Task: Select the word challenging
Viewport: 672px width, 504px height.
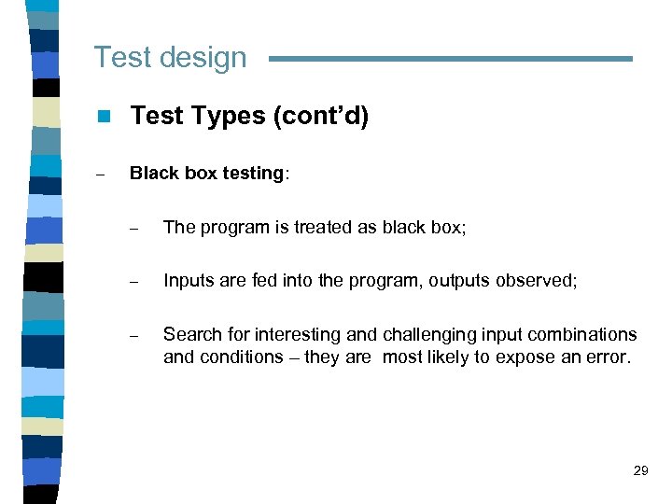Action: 423,334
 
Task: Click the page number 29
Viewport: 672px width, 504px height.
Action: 640,470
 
